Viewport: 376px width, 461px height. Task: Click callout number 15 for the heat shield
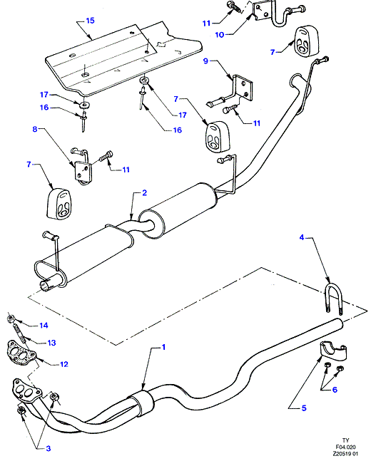[90, 21]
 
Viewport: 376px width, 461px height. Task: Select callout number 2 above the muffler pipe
[144, 193]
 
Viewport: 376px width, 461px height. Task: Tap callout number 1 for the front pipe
[163, 347]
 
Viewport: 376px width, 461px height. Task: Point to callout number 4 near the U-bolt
[302, 237]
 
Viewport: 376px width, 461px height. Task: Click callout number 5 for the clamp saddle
[304, 408]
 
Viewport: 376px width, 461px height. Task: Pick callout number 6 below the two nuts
[335, 390]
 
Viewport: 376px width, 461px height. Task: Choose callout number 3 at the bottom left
[49, 448]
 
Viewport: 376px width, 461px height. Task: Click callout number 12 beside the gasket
[64, 364]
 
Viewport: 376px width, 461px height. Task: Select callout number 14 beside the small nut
[44, 326]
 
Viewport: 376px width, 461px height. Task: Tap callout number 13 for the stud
[51, 343]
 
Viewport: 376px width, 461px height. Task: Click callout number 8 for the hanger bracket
[35, 129]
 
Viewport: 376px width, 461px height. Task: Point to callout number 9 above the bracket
[205, 61]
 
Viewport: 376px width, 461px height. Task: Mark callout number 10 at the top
[220, 35]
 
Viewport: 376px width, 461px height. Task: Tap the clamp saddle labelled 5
[333, 351]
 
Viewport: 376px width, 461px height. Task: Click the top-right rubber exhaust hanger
[307, 41]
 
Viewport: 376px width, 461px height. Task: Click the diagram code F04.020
[345, 447]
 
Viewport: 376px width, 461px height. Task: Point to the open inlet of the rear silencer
[45, 286]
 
